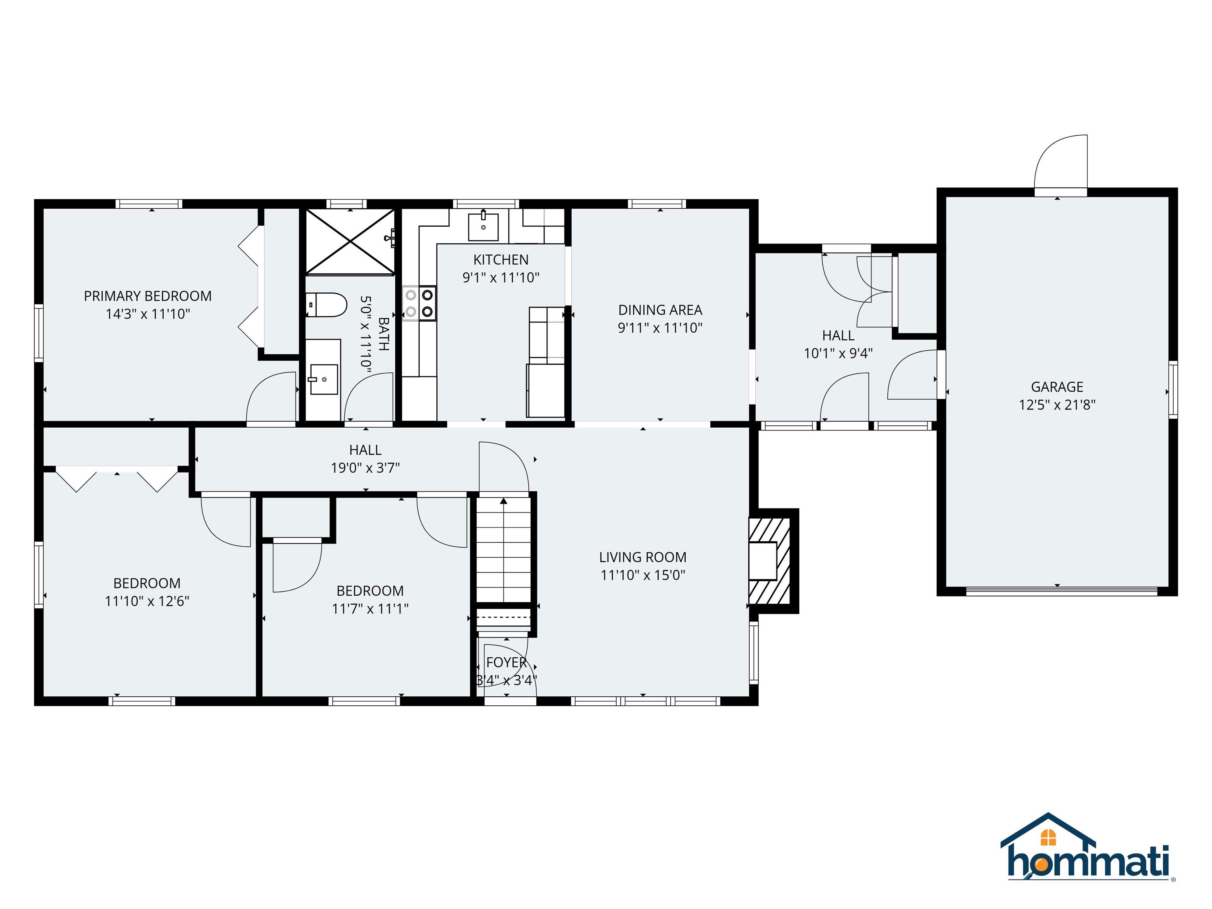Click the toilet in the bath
[327, 305]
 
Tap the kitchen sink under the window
[483, 227]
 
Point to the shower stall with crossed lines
[350, 241]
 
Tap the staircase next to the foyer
[503, 548]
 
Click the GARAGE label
[1057, 387]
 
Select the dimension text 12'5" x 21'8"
[1057, 405]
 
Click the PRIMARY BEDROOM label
[148, 296]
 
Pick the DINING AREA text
[660, 310]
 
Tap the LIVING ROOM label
[642, 557]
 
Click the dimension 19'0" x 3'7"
[365, 468]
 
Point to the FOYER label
[506, 662]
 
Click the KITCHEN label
[501, 260]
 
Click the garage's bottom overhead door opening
[1061, 591]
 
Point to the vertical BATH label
[383, 334]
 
